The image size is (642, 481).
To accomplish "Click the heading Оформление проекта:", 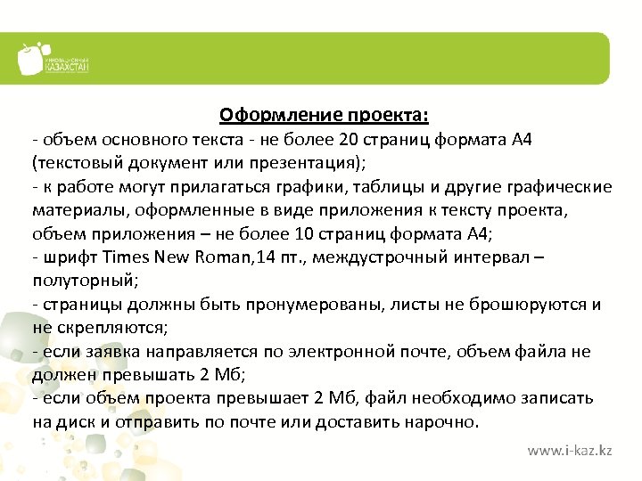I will [x=324, y=116].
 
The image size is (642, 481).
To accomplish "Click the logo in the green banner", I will [x=53, y=60].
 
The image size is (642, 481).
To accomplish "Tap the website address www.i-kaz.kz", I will [x=569, y=452].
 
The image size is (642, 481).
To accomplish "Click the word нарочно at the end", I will [x=444, y=421].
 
